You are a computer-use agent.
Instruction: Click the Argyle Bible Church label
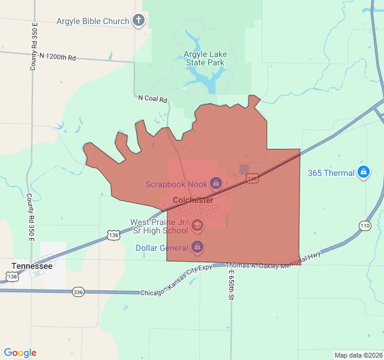[92, 21]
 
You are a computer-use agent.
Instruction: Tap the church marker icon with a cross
[139, 21]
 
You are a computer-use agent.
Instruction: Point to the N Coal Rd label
[152, 98]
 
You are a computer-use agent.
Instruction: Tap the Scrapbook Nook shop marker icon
[216, 182]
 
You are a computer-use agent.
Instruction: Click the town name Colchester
[193, 200]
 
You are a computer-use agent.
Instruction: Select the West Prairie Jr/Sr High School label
[159, 226]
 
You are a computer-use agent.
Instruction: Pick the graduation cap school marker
[197, 226]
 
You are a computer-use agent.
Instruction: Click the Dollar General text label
[161, 247]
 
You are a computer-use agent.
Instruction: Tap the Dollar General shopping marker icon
[197, 247]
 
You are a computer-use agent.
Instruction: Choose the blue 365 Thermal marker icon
[363, 173]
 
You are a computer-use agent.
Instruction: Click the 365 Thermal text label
[331, 173]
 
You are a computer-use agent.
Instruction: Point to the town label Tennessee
[32, 265]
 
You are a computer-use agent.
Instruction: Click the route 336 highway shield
[78, 292]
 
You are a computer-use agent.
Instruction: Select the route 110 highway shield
[365, 225]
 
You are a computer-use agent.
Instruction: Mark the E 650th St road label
[230, 285]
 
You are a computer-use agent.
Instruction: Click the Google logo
[20, 353]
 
